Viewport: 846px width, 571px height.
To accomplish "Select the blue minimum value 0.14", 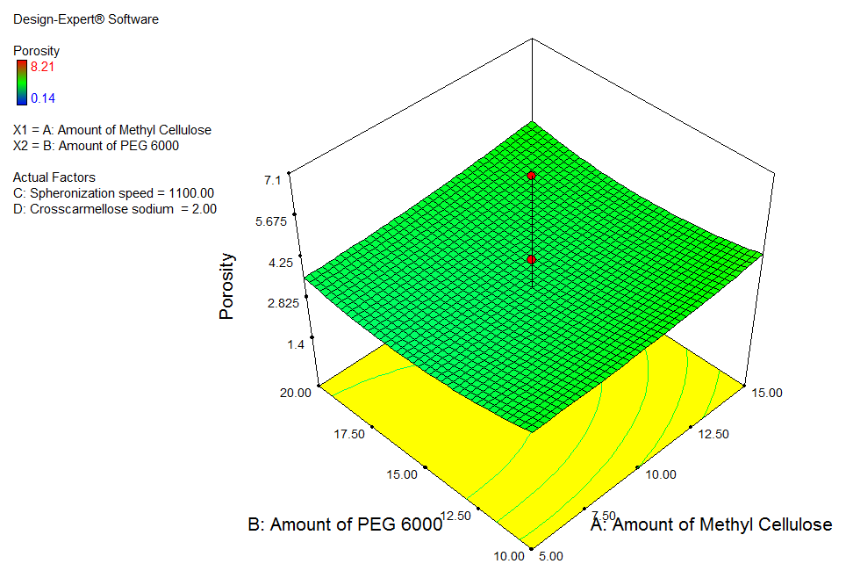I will click(42, 98).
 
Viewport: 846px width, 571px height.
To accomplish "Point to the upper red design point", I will click(531, 176).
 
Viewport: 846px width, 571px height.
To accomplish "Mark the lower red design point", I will click(531, 260).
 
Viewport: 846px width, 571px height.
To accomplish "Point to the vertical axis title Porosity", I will click(227, 286).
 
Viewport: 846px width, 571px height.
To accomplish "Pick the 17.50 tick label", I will click(349, 434).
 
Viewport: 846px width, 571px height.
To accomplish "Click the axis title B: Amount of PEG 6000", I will click(345, 525).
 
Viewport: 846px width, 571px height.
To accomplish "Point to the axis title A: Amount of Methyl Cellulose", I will click(711, 524).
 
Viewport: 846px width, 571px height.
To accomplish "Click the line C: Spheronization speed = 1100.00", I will click(113, 193).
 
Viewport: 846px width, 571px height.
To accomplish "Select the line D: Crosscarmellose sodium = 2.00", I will click(115, 209).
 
